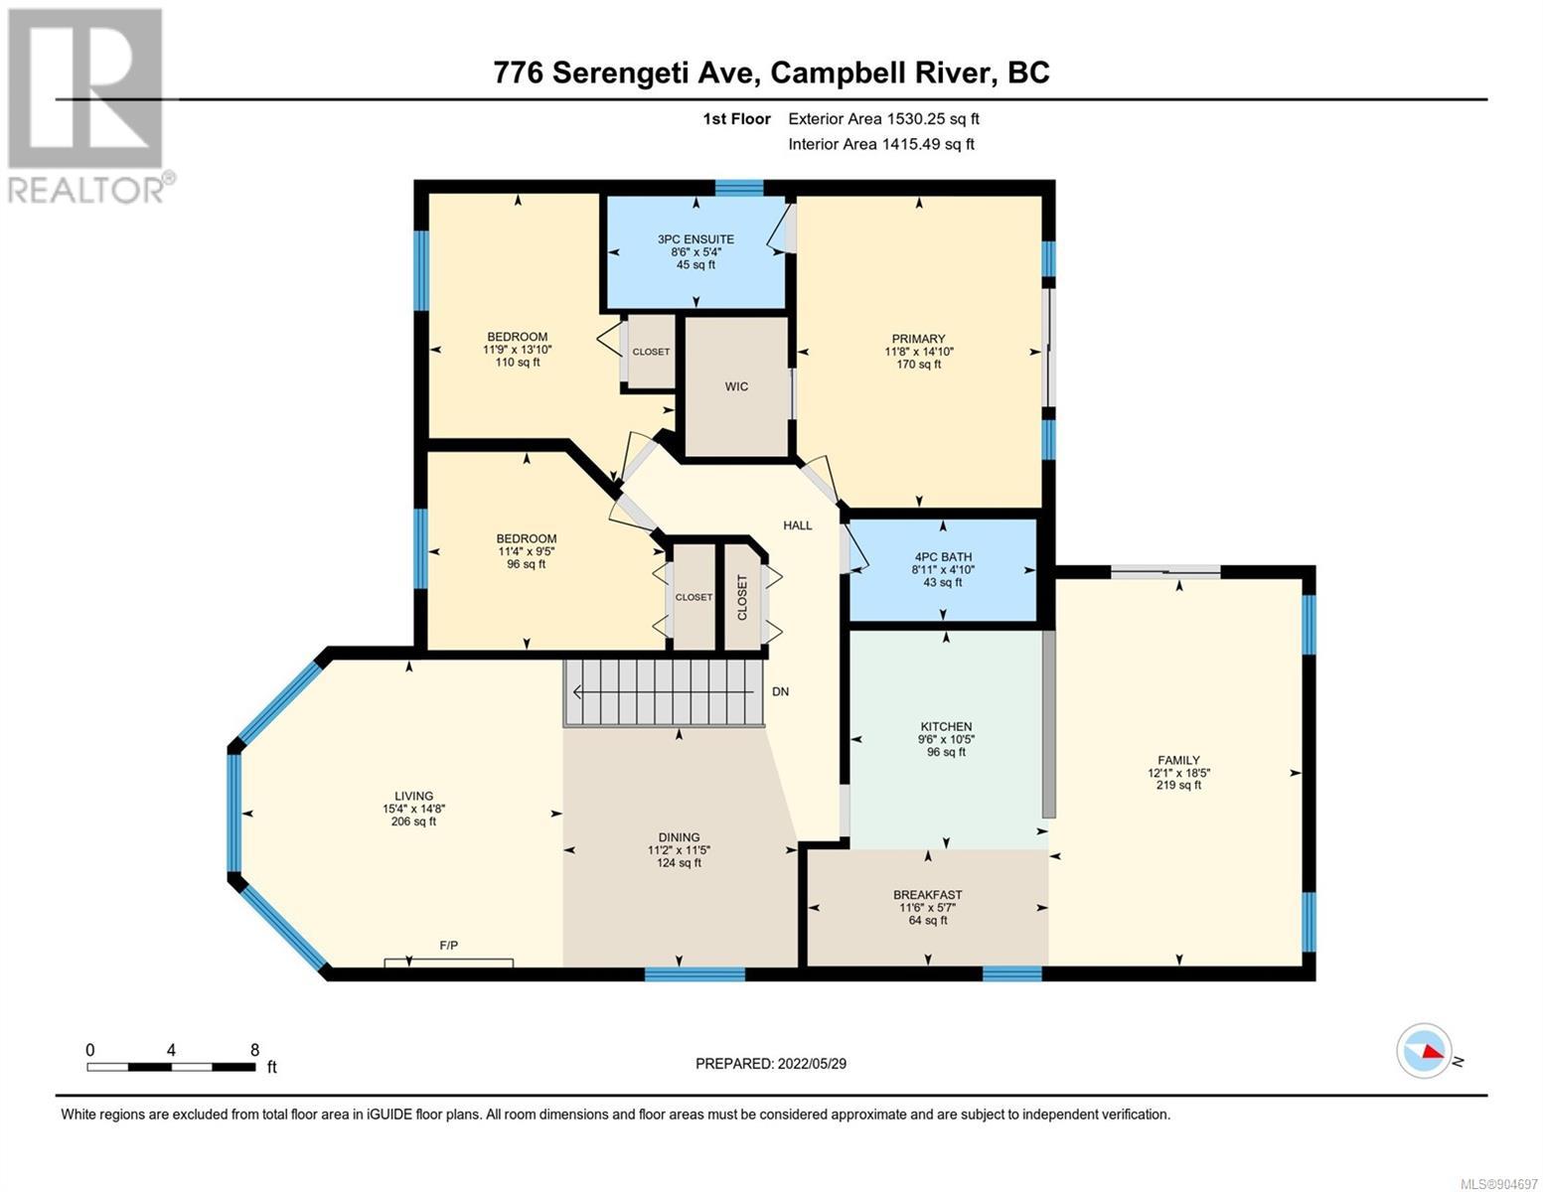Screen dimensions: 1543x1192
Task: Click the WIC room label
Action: (736, 386)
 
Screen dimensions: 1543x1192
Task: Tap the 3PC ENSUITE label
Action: (695, 239)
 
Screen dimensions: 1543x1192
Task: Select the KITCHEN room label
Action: (946, 726)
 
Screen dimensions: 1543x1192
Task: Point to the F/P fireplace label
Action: (449, 945)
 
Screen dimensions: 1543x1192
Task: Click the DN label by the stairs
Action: (780, 691)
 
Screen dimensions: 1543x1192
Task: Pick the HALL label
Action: (798, 525)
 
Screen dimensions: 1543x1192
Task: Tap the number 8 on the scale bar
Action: (255, 1049)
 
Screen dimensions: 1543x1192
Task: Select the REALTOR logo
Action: (89, 106)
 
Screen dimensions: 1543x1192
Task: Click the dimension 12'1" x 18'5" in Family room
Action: (1178, 773)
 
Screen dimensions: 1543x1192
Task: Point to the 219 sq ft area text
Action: (1178, 785)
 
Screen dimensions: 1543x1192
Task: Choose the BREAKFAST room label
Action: (928, 895)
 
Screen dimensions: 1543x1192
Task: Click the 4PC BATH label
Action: (943, 557)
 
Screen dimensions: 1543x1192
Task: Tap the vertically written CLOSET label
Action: (742, 597)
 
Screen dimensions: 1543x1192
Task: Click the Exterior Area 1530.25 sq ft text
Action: (883, 118)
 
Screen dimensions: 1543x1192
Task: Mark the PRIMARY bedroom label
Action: (919, 339)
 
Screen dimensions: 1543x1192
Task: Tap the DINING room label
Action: (679, 837)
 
